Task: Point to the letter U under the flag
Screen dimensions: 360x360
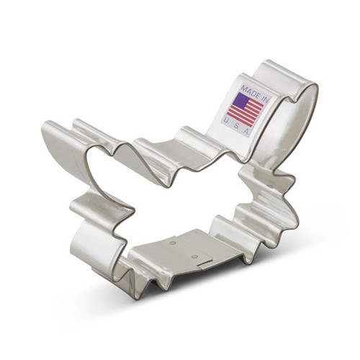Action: (x=225, y=120)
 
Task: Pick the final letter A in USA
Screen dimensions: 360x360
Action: (x=246, y=131)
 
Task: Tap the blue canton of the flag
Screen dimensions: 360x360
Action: (x=240, y=100)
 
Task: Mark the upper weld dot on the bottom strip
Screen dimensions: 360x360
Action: (x=172, y=243)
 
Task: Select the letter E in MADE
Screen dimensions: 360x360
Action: (x=258, y=95)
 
